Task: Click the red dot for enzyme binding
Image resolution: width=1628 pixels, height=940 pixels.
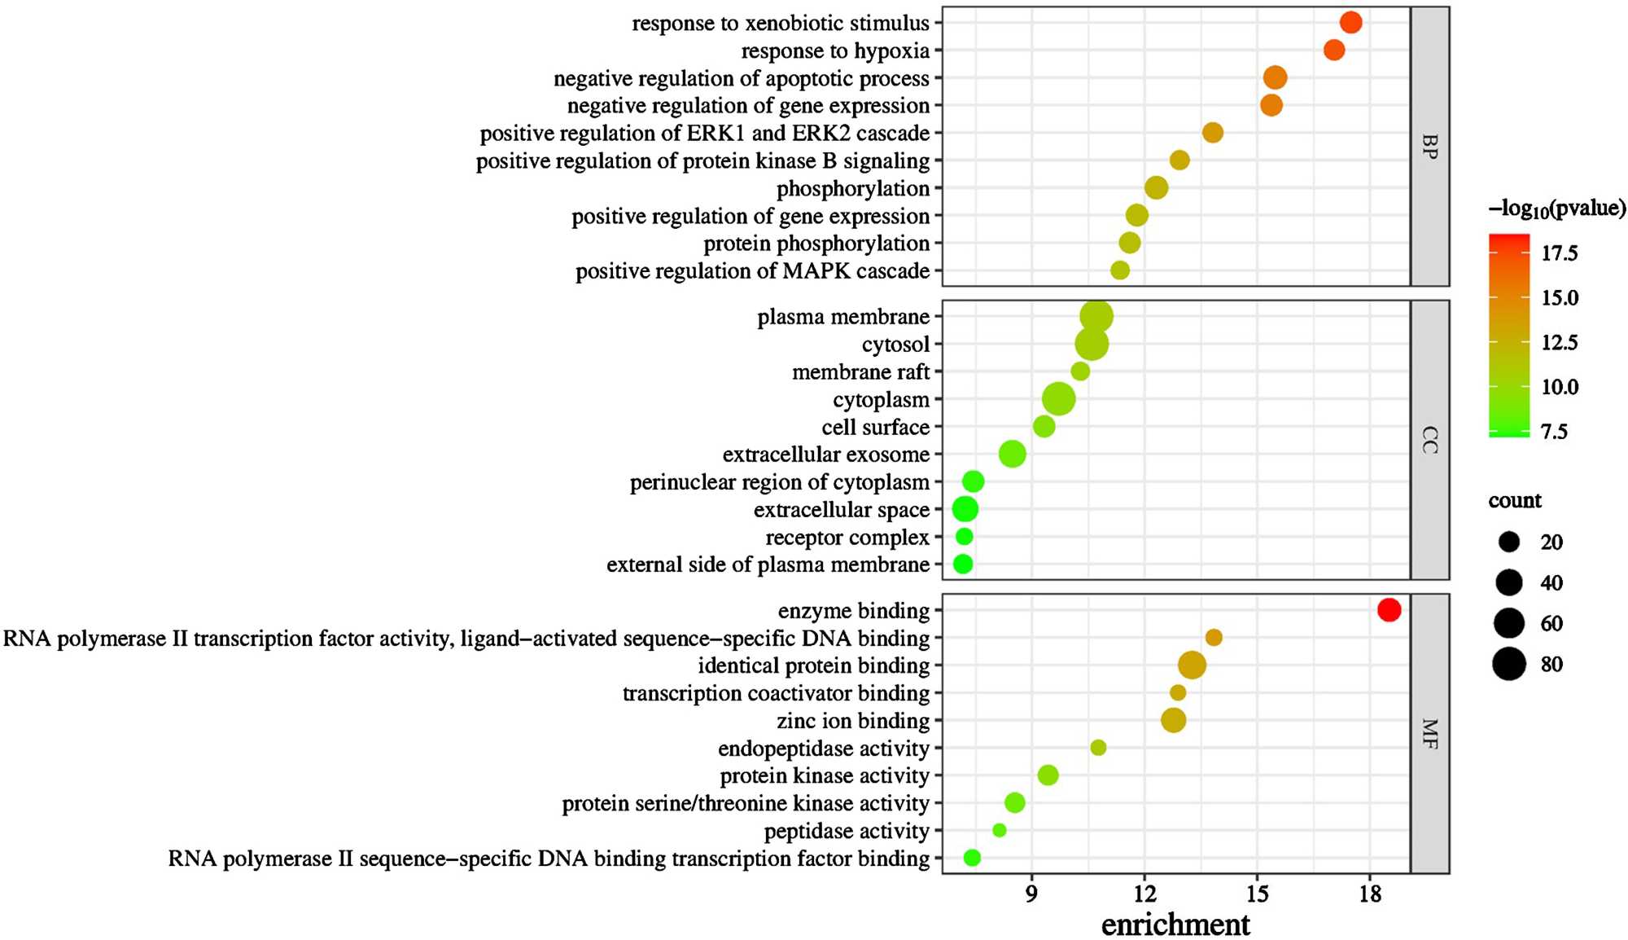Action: tap(1389, 609)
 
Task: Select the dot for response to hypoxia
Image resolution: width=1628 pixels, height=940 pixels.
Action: tap(1334, 51)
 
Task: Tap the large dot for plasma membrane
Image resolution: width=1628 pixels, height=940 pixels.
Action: tap(1096, 317)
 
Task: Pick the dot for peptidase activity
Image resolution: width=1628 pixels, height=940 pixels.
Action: tap(999, 830)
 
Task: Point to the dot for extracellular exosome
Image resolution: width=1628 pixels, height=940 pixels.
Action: tap(1012, 454)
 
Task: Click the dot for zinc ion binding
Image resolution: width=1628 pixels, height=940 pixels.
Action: tap(1173, 720)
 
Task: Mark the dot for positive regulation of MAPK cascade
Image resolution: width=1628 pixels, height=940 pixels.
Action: tap(1120, 270)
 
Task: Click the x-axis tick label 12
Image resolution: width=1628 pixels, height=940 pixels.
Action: tap(1144, 894)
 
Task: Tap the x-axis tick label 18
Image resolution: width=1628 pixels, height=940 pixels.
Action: tap(1370, 894)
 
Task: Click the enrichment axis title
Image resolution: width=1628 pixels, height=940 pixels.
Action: tap(1175, 925)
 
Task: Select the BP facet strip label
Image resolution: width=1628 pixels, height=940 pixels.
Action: tap(1429, 147)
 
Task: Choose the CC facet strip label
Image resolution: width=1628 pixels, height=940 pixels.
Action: tap(1429, 440)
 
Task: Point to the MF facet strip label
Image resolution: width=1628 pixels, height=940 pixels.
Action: tap(1429, 733)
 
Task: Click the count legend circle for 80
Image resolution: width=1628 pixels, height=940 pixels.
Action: tap(1509, 664)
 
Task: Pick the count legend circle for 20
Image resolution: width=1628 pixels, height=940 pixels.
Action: tap(1509, 542)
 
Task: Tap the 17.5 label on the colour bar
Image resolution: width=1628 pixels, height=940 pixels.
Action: tap(1559, 253)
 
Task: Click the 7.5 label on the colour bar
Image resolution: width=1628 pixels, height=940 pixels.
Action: tap(1554, 432)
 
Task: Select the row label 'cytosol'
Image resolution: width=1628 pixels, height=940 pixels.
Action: tap(895, 345)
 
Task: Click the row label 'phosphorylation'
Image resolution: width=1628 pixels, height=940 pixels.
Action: tap(852, 189)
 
